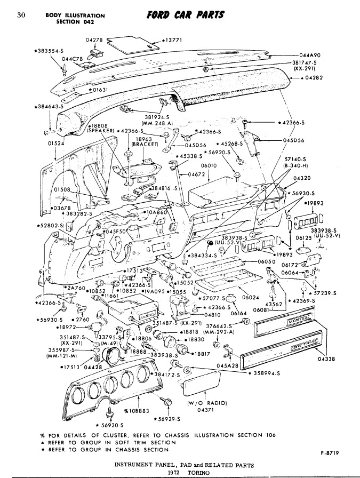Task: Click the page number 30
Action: point(22,14)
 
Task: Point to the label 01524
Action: point(56,144)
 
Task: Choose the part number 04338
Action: point(326,359)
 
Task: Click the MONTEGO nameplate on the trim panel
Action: point(300,322)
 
